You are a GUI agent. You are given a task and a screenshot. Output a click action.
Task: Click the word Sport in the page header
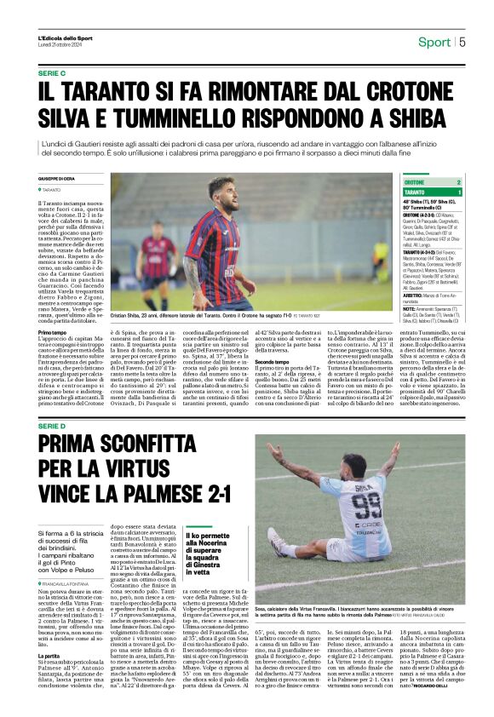(x=434, y=42)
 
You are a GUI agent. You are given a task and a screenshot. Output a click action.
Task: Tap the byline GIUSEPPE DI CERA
(x=57, y=178)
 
